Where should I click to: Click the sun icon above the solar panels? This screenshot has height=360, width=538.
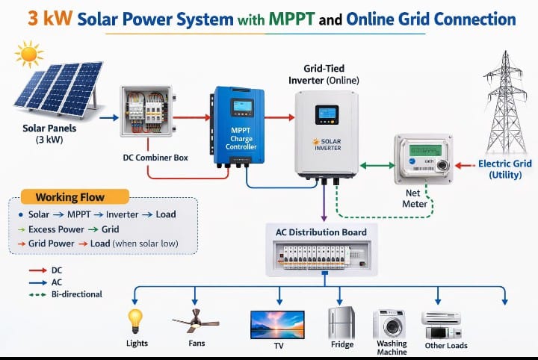coord(29,54)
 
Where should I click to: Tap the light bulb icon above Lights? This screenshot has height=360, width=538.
coord(135,320)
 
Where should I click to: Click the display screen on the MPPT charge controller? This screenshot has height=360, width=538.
coord(241,108)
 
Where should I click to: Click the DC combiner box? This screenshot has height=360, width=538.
coord(146,117)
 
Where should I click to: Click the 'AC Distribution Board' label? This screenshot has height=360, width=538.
coord(321,232)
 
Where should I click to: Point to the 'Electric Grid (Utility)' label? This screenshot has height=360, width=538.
coord(506,169)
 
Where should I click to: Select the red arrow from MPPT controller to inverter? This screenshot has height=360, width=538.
coord(279,117)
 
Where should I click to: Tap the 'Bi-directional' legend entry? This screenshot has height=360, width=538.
coord(76,294)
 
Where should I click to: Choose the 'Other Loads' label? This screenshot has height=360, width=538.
coord(446,345)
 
